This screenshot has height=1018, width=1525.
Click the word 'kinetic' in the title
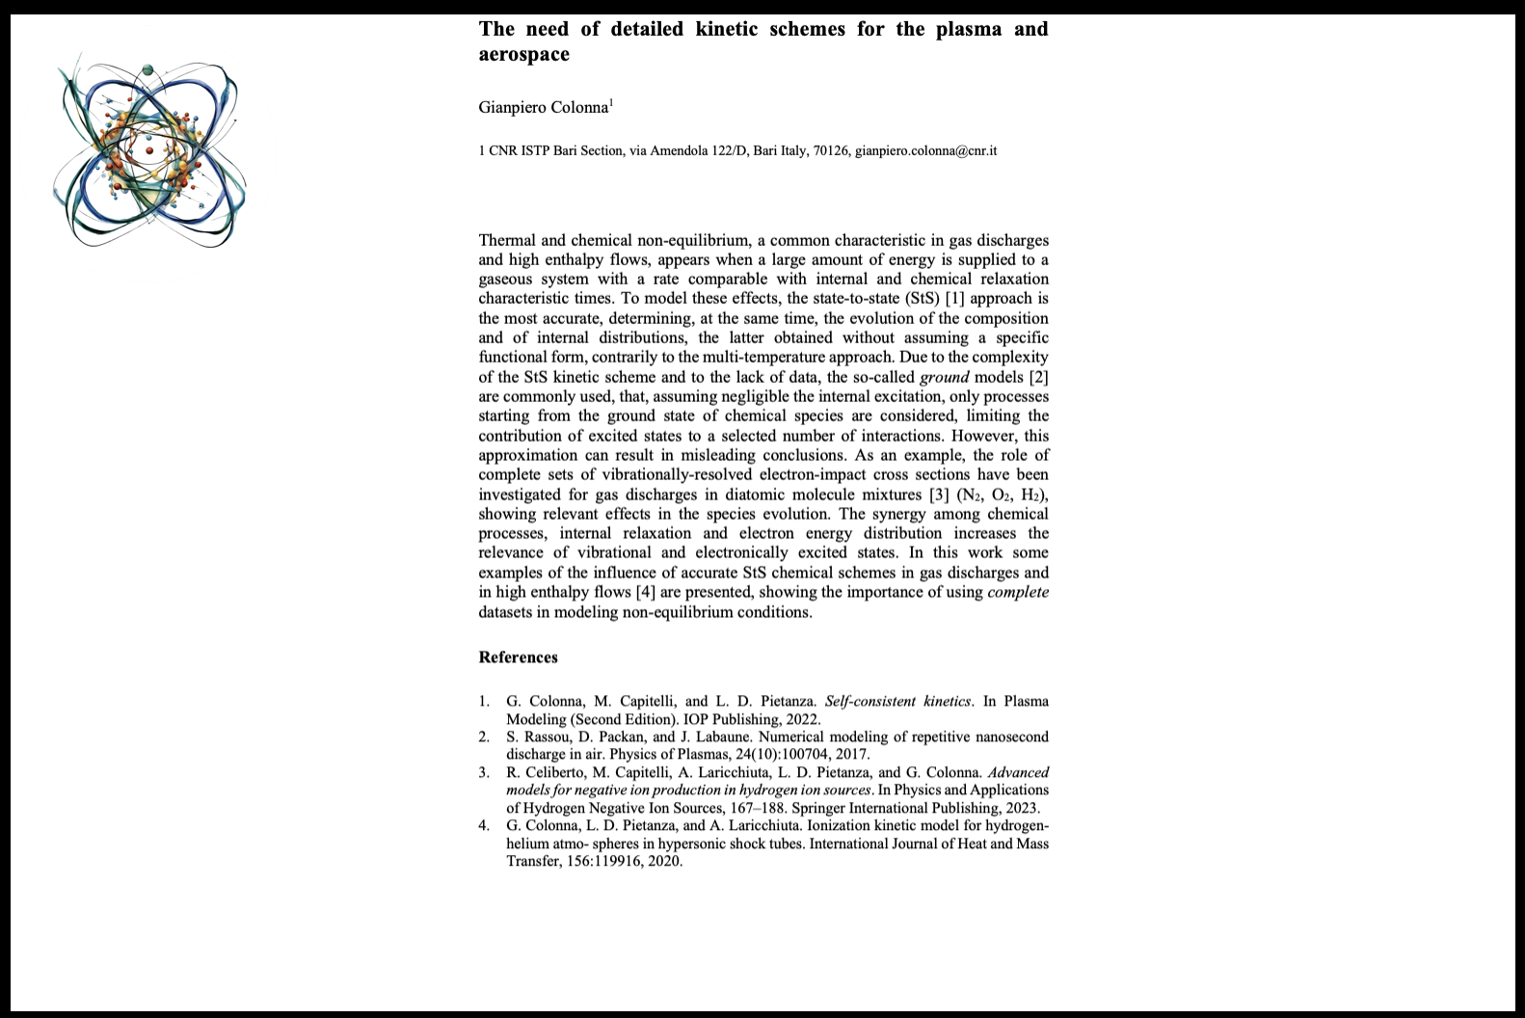[x=728, y=29]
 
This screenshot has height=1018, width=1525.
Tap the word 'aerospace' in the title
[x=523, y=54]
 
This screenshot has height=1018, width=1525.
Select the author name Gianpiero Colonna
[x=543, y=107]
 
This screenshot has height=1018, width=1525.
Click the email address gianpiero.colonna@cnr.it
[x=925, y=150]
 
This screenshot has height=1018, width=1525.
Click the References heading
[x=518, y=657]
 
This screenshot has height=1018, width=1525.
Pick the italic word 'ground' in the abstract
[x=944, y=377]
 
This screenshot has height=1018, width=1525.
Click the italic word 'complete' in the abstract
[x=1018, y=592]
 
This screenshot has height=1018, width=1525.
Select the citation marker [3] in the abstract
[x=939, y=495]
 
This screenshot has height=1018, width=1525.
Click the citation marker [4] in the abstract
[x=645, y=592]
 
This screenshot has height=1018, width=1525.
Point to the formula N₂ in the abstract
[x=970, y=495]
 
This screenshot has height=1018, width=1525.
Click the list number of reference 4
[x=484, y=825]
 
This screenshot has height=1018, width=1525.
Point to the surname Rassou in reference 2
[x=546, y=737]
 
